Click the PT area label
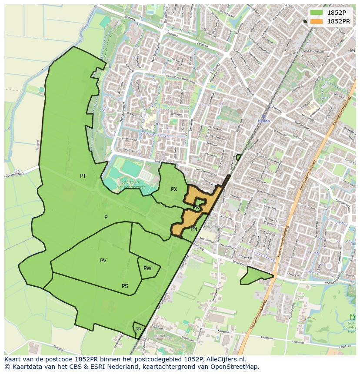[83, 176]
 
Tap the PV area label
[103, 261]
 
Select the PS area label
[125, 286]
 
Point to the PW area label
[147, 268]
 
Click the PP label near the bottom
[138, 330]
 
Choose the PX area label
[174, 189]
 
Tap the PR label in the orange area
[196, 207]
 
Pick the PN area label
[194, 229]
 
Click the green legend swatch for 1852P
[316, 13]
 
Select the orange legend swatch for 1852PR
[316, 21]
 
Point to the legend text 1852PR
[339, 21]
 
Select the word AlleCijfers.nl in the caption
[226, 359]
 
